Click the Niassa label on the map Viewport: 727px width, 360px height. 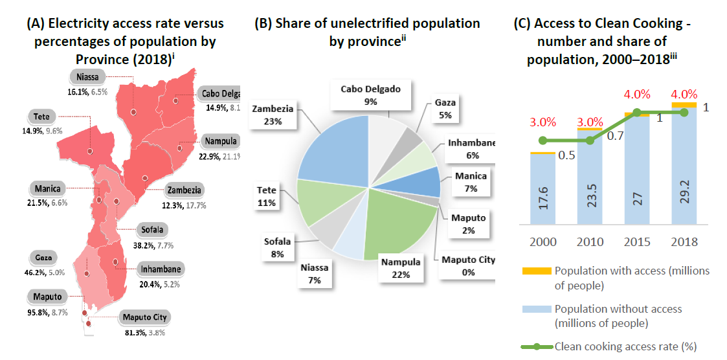[x=87, y=77]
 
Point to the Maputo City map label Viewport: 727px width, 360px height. [x=145, y=317]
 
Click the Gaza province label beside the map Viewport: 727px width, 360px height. [x=43, y=257]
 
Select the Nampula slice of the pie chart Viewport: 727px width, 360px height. [x=398, y=230]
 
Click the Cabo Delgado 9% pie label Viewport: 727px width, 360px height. [x=371, y=95]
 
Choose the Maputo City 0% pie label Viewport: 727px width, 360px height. [x=468, y=265]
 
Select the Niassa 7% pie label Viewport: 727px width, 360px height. [x=317, y=273]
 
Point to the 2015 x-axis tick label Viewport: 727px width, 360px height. [x=637, y=242]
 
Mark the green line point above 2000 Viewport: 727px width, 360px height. [x=543, y=141]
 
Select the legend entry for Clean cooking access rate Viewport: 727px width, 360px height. [x=625, y=346]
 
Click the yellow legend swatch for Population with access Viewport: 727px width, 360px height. [x=537, y=271]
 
